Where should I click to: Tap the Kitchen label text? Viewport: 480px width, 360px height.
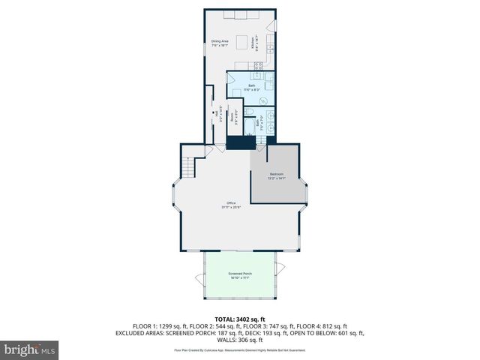click(259, 43)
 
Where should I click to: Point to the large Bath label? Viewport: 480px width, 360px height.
click(252, 85)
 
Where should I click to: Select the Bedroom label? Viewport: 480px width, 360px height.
click(277, 175)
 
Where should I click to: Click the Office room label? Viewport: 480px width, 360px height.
click(232, 203)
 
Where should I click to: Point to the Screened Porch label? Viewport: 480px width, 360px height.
click(240, 274)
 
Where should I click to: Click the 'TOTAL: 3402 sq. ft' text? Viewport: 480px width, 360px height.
click(240, 318)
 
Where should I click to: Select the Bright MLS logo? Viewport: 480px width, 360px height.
click(30, 349)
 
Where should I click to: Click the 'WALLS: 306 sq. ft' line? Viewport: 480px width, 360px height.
click(240, 339)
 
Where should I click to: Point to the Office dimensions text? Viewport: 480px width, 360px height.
click(232, 208)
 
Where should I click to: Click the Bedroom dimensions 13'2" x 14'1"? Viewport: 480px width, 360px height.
click(277, 179)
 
